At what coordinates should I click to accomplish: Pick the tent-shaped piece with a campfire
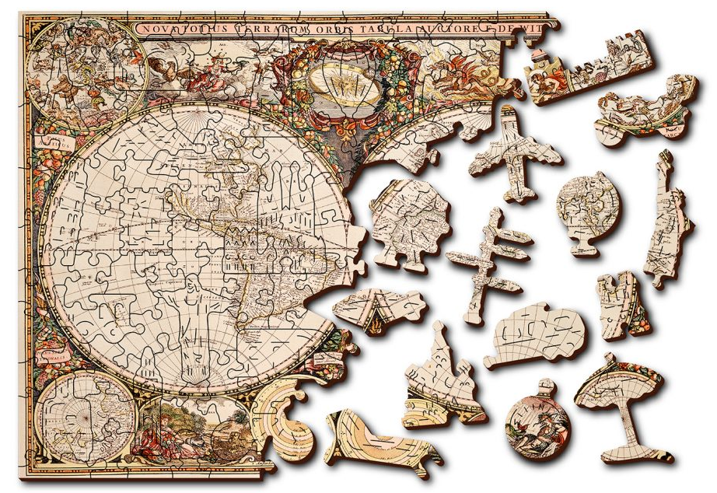click(376, 307)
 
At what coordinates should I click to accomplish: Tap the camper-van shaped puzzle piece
click(537, 334)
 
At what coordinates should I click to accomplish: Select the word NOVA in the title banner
click(159, 30)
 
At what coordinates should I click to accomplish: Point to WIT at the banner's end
click(531, 26)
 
